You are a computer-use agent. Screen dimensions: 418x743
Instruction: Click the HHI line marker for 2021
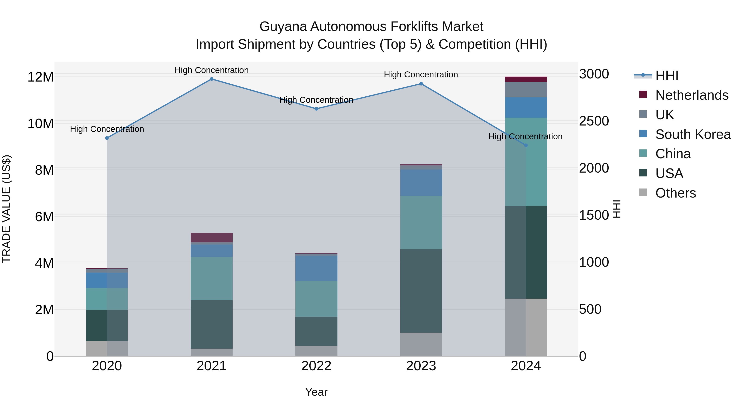[x=211, y=79]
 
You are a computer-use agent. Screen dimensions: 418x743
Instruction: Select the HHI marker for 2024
[x=525, y=145]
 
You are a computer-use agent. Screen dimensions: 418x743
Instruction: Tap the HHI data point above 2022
[x=316, y=109]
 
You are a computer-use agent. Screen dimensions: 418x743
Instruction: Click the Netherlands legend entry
[x=691, y=95]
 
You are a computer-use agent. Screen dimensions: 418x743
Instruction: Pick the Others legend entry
[x=675, y=193]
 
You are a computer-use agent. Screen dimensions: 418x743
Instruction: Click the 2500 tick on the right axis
[x=594, y=121]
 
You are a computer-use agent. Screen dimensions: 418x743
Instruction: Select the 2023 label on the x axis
[x=421, y=366]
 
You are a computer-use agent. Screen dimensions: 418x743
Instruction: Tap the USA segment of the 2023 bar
[x=421, y=291]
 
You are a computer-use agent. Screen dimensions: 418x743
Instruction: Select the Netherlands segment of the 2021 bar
[x=211, y=237]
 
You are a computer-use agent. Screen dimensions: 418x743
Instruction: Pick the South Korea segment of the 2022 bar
[x=316, y=268]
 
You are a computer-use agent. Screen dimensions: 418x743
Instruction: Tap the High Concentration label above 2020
[x=107, y=129]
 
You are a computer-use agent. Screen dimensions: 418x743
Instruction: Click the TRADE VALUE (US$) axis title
[x=6, y=209]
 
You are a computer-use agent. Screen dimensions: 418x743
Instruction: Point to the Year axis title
[x=316, y=392]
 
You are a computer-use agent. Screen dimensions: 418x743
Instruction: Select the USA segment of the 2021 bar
[x=211, y=324]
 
